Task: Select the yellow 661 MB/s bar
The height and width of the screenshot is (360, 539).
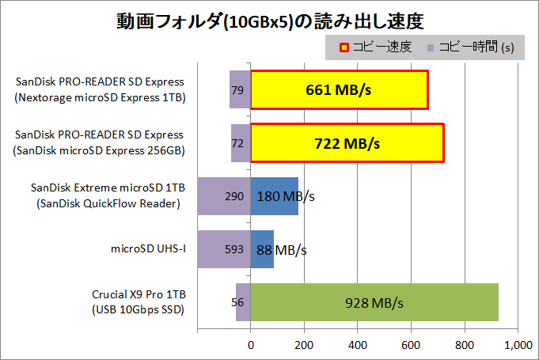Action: click(340, 89)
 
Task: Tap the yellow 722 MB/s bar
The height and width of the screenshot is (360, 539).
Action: click(347, 143)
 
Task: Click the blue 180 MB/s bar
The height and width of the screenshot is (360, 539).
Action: click(274, 196)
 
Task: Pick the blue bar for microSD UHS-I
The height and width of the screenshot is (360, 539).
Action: click(262, 250)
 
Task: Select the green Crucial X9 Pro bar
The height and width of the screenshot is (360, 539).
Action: click(374, 302)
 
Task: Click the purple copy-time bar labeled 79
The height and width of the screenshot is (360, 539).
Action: click(239, 89)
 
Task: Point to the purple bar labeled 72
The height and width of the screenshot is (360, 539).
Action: click(241, 143)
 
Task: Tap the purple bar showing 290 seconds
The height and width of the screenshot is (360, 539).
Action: click(223, 196)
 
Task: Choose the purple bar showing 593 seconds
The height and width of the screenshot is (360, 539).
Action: click(223, 250)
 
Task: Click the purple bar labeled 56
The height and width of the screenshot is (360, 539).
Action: click(243, 302)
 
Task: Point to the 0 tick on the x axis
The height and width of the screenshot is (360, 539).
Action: click(251, 345)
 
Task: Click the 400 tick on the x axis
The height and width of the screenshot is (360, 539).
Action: click(358, 345)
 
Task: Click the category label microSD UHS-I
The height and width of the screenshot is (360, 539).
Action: click(148, 250)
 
